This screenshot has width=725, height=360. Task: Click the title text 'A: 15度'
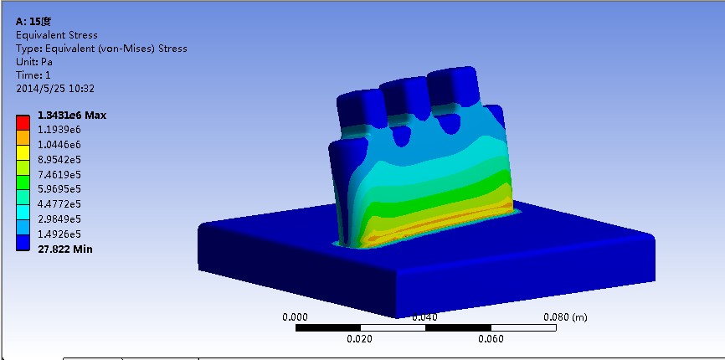(34, 22)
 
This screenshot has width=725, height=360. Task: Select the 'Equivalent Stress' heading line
(57, 35)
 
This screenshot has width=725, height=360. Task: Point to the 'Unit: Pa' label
(34, 62)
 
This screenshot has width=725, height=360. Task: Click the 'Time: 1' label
(33, 75)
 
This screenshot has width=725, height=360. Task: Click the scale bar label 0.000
(295, 317)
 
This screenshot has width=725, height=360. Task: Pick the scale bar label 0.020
(360, 339)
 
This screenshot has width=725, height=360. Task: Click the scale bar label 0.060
(491, 339)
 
